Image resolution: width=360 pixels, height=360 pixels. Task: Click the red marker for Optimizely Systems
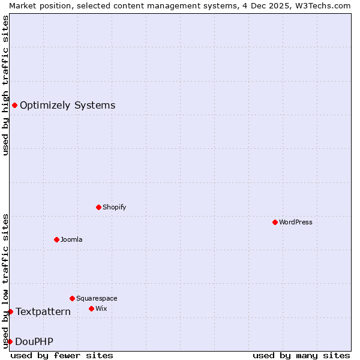click(x=14, y=106)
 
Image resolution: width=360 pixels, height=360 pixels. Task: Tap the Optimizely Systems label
click(x=67, y=106)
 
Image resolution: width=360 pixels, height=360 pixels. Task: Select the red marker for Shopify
click(x=99, y=207)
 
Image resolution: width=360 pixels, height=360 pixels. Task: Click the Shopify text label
click(x=114, y=207)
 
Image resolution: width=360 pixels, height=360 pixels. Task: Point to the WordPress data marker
click(x=275, y=222)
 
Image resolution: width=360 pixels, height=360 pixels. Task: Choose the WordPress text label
click(x=296, y=222)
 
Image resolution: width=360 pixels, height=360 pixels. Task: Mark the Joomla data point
click(x=56, y=239)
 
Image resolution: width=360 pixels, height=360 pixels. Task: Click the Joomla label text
click(x=71, y=239)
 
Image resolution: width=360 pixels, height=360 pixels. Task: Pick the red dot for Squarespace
click(x=72, y=298)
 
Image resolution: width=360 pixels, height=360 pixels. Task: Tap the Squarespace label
click(x=97, y=298)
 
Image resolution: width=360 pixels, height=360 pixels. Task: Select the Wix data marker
click(x=91, y=308)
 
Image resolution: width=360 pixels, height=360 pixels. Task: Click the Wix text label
click(x=101, y=308)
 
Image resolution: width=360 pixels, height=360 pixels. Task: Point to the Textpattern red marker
click(x=10, y=311)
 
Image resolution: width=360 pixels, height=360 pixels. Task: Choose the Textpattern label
click(x=43, y=311)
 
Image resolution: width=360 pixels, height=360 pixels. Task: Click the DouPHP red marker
click(x=10, y=341)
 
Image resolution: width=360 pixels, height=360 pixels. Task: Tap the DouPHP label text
click(x=34, y=341)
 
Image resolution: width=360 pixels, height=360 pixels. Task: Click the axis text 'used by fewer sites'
click(x=62, y=355)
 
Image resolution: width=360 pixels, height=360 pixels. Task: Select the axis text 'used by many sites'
click(x=301, y=355)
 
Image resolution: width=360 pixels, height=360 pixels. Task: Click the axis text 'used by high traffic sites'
click(x=5, y=85)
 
